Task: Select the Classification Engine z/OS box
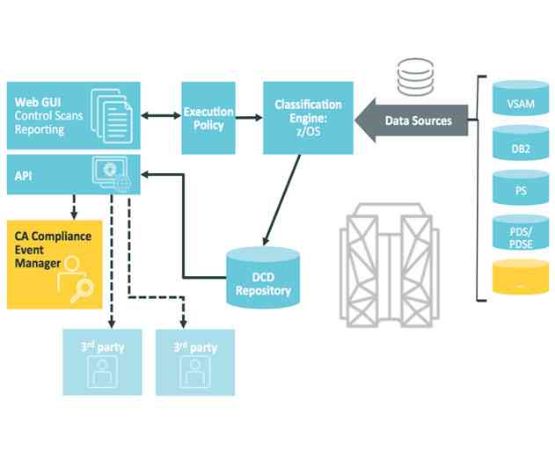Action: click(308, 118)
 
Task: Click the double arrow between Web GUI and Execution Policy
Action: click(159, 116)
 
